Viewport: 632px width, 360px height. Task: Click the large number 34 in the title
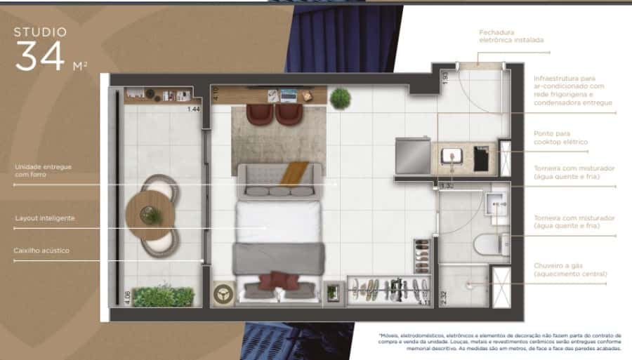point(41,57)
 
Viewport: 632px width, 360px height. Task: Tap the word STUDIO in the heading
point(41,32)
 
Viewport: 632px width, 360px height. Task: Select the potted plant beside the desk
point(341,98)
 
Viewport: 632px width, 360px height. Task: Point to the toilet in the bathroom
point(489,244)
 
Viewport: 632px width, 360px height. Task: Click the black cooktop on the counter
point(481,158)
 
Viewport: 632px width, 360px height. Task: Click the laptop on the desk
point(288,93)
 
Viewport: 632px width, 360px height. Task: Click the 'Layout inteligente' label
point(45,218)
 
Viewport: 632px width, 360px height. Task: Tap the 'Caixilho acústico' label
point(41,251)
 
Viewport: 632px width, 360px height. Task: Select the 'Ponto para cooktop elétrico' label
point(560,138)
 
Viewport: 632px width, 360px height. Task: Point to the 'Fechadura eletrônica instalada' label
point(511,36)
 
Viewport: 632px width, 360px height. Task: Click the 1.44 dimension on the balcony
point(193,109)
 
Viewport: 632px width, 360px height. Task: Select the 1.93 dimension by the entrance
point(445,78)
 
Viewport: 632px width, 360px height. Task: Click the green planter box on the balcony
point(163,296)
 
